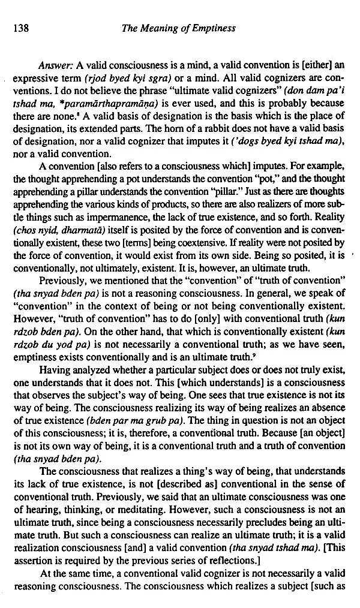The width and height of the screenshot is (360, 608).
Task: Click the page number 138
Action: tap(20, 28)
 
